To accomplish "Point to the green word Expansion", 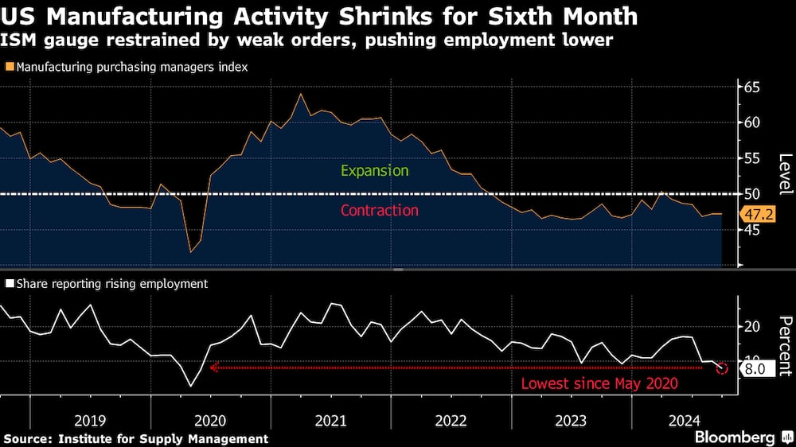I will pyautogui.click(x=374, y=171).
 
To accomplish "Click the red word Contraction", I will pyautogui.click(x=379, y=211).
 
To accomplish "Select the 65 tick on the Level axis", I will pyautogui.click(x=751, y=87).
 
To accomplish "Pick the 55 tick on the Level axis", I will pyautogui.click(x=751, y=158).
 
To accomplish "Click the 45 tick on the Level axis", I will pyautogui.click(x=751, y=230).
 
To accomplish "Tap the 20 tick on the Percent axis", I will pyautogui.click(x=751, y=327).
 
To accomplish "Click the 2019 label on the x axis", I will pyautogui.click(x=90, y=418).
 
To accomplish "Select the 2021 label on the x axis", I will pyautogui.click(x=331, y=418).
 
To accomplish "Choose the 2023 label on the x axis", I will pyautogui.click(x=571, y=418).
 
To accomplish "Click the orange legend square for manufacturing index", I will pyautogui.click(x=9, y=68).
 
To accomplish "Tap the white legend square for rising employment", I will pyautogui.click(x=9, y=283).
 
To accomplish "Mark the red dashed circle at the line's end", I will pyautogui.click(x=722, y=368).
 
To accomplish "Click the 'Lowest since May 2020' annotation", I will pyautogui.click(x=599, y=384).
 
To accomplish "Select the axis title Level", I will pyautogui.click(x=785, y=174).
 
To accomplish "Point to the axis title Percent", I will pyautogui.click(x=785, y=346).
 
